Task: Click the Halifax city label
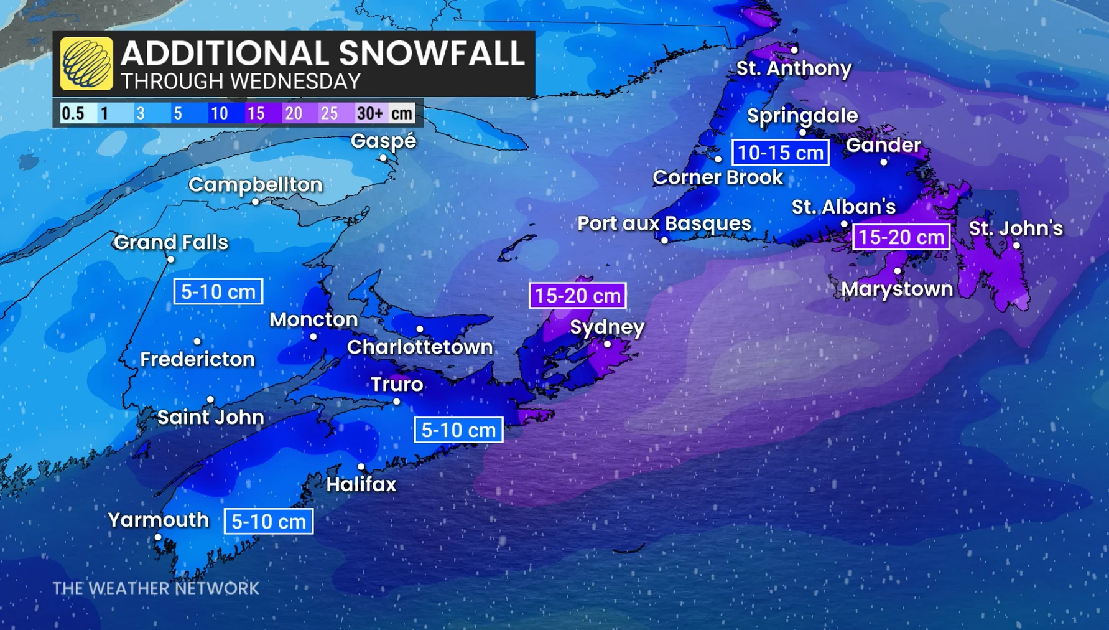pyautogui.click(x=361, y=484)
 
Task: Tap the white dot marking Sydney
pyautogui.click(x=607, y=344)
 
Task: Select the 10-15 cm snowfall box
pyautogui.click(x=780, y=153)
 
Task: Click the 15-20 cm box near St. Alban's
pyautogui.click(x=901, y=237)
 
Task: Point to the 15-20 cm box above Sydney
pyautogui.click(x=577, y=296)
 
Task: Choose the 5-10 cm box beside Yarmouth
pyautogui.click(x=268, y=522)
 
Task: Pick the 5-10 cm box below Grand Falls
pyautogui.click(x=218, y=292)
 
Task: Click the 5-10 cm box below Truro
pyautogui.click(x=458, y=430)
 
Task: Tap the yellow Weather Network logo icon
pyautogui.click(x=86, y=63)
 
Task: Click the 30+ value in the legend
pyautogui.click(x=369, y=113)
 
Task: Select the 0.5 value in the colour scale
pyautogui.click(x=73, y=113)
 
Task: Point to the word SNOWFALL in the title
pyautogui.click(x=432, y=53)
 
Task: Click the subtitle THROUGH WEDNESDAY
pyautogui.click(x=241, y=82)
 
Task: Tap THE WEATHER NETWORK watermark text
pyautogui.click(x=155, y=588)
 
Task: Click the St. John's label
pyautogui.click(x=1016, y=228)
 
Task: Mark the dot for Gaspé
pyautogui.click(x=383, y=158)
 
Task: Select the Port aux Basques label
pyautogui.click(x=664, y=223)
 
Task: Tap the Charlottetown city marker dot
pyautogui.click(x=420, y=329)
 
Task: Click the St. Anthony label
pyautogui.click(x=794, y=68)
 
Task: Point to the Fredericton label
pyautogui.click(x=197, y=359)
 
